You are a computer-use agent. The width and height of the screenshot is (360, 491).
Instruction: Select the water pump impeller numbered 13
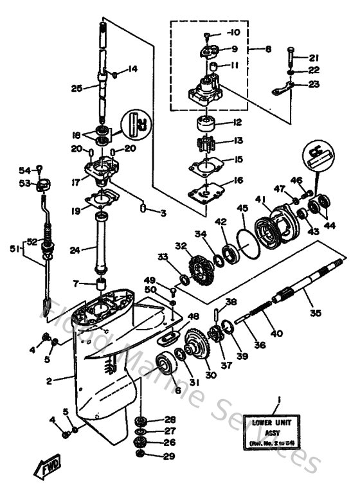204,143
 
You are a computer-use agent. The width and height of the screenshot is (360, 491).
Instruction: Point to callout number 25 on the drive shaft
76,88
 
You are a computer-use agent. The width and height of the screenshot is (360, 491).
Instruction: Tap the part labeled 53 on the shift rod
44,186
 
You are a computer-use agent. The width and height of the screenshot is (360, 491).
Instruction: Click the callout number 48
193,316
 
